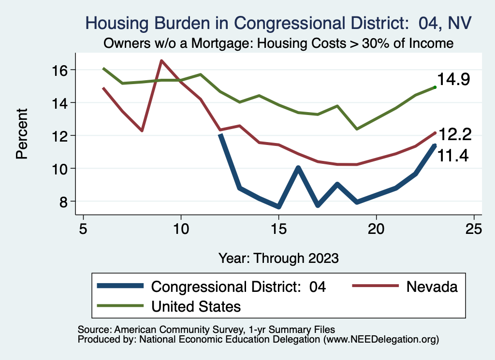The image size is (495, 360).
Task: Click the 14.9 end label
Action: tap(454, 79)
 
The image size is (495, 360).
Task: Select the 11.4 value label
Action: tap(453, 156)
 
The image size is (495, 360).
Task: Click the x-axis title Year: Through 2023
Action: tap(278, 258)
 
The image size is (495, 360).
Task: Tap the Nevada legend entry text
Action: tap(432, 286)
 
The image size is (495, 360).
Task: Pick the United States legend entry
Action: tap(196, 306)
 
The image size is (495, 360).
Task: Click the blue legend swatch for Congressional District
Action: tap(120, 286)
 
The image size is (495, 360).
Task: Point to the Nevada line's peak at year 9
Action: tap(161, 61)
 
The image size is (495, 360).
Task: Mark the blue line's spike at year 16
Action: tap(298, 168)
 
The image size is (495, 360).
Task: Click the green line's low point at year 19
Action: tap(357, 129)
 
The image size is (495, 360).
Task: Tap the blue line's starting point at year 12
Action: tap(220, 135)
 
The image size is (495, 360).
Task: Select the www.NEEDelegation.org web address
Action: tap(381, 339)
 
